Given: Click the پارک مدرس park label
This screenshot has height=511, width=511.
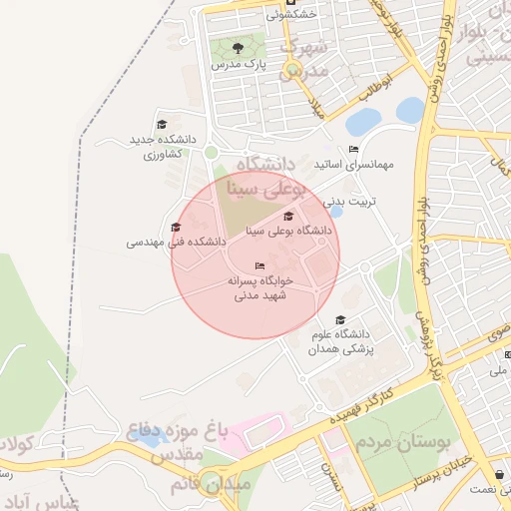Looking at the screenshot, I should coord(237,64).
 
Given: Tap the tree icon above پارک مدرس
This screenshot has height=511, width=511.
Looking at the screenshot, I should coord(238,47).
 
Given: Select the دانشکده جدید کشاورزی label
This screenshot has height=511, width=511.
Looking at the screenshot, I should coord(162,148).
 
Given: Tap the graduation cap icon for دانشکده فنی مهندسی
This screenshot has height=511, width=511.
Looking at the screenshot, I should coord(176,227).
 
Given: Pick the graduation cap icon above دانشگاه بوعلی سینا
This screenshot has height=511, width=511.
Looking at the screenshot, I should coord(288,216).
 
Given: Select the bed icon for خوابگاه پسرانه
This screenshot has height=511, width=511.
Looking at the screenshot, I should coord(259,265).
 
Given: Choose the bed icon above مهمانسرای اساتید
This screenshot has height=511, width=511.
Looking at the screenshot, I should coord(353,149).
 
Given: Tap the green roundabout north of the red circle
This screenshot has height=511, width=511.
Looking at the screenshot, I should coord(211,152).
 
